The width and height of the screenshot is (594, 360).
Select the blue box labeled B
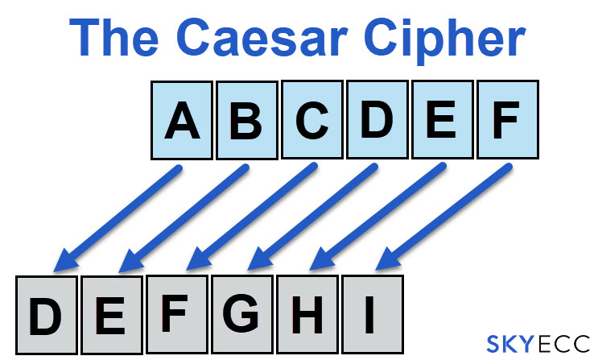point(246,120)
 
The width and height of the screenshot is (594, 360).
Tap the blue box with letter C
point(312,120)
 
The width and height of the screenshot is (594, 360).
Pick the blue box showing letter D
point(377,120)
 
